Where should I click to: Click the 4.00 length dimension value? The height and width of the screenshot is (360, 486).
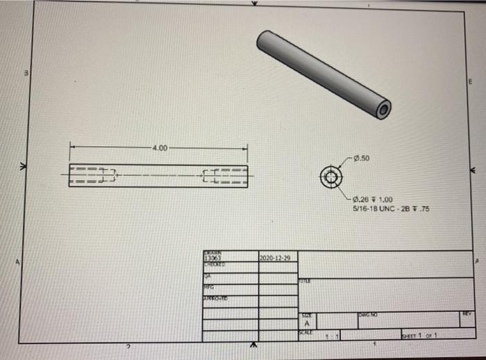coord(160,148)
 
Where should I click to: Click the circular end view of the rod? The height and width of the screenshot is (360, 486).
coord(330,176)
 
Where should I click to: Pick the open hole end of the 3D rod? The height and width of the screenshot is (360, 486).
coord(383,108)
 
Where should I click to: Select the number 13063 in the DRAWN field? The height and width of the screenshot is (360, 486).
coord(211,258)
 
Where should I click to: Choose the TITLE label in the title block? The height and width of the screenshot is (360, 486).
coord(304,279)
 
